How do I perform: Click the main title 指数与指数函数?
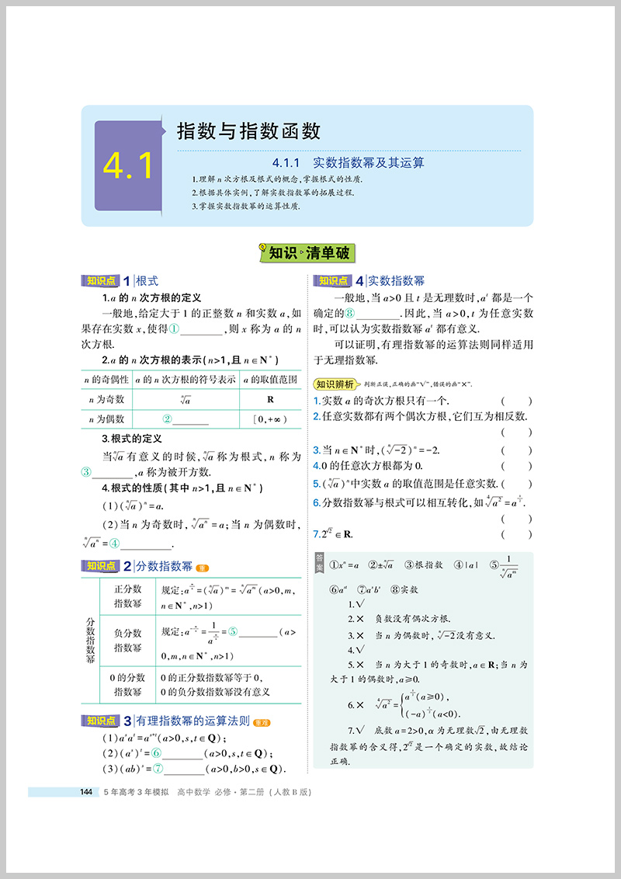point(248,129)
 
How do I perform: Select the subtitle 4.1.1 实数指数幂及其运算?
point(349,163)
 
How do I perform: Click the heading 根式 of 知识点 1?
point(147,281)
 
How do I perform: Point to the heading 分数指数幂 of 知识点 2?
point(165,566)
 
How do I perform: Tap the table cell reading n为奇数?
point(107,399)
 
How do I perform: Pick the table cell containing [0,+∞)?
point(270,419)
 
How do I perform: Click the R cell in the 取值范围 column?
point(270,399)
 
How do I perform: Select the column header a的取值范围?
point(270,379)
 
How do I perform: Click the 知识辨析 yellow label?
point(336,384)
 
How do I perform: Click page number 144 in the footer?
point(86,792)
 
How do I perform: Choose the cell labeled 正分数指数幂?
point(127,596)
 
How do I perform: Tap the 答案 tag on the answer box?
point(320,564)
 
